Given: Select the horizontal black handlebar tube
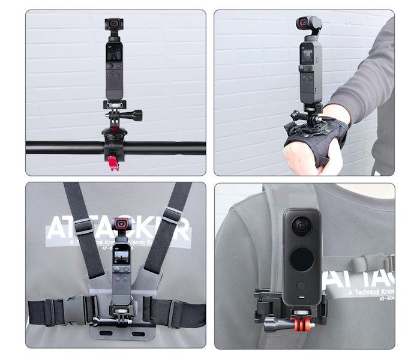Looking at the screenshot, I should click(60, 148).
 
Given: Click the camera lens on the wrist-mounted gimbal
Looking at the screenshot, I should click(304, 24).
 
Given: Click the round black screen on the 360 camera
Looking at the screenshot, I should click(302, 260).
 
